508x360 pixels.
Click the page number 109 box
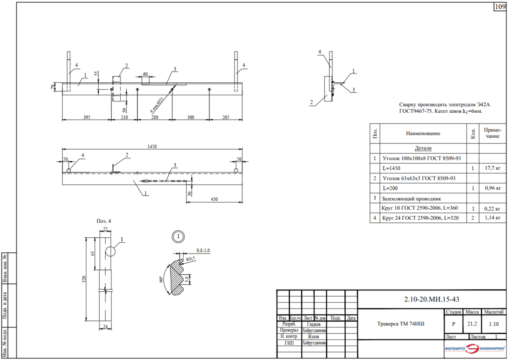tap(500, 7)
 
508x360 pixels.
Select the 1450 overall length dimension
tap(152, 147)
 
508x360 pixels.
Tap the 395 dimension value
tap(86, 117)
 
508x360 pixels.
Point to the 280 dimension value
tap(155, 117)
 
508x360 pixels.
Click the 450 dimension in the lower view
tap(214, 199)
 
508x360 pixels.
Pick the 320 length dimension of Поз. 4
tap(84, 279)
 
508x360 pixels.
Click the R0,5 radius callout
tap(190, 259)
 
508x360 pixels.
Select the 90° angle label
tap(161, 279)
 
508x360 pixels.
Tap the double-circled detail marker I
tap(178, 237)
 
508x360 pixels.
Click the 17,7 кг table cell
tap(493, 168)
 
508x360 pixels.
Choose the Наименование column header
tap(423, 133)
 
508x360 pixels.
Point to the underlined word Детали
tap(423, 148)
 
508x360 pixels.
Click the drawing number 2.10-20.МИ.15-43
tap(432, 299)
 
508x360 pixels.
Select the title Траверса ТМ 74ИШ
tap(401, 324)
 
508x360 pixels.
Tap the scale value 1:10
tap(494, 324)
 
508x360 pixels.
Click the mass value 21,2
tap(472, 324)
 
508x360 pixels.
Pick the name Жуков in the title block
tap(314, 337)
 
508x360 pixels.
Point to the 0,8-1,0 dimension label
tap(203, 250)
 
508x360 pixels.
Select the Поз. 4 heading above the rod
tap(104, 221)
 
